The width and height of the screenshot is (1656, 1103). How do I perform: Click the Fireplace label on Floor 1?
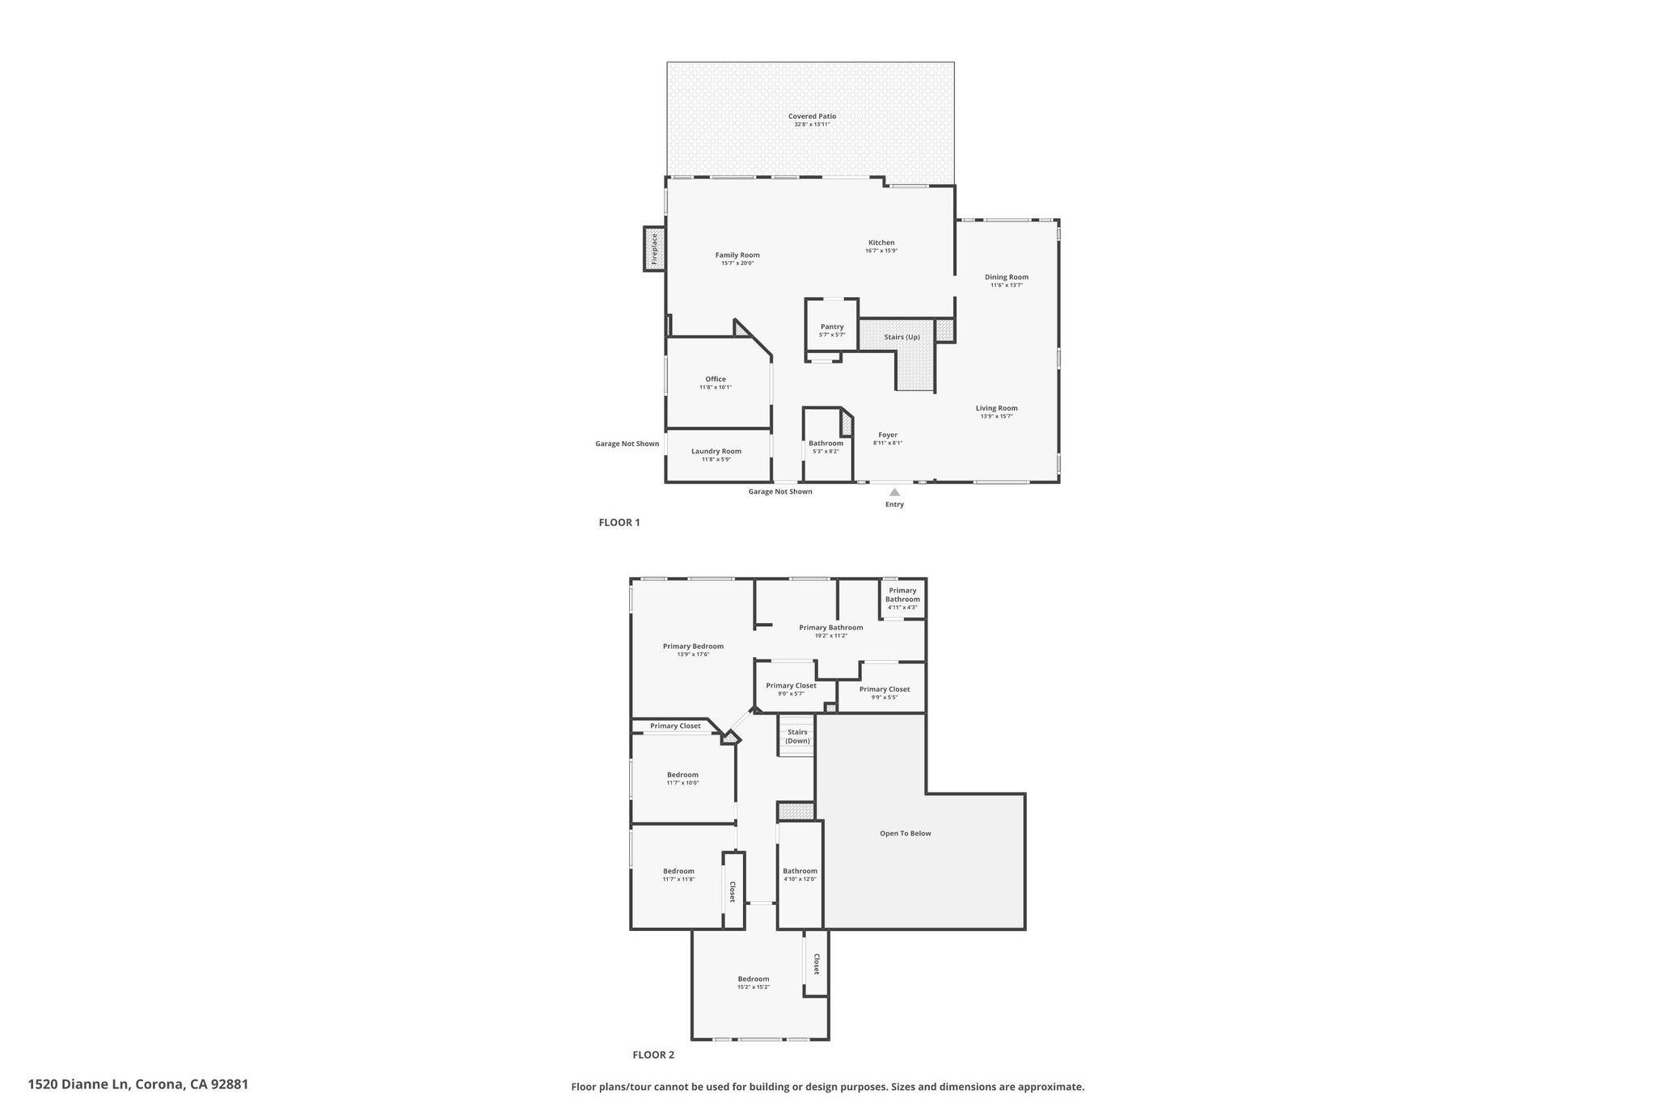click(655, 248)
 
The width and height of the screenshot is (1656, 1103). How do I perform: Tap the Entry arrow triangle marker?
click(894, 491)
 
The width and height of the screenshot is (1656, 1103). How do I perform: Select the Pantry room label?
click(832, 326)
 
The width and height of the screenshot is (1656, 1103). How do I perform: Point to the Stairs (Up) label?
click(902, 337)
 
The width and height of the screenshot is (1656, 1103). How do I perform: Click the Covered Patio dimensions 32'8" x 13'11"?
click(813, 124)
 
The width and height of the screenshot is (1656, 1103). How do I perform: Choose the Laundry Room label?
click(716, 452)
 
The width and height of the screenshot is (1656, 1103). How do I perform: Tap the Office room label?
click(716, 379)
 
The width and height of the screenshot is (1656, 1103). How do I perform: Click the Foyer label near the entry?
click(888, 435)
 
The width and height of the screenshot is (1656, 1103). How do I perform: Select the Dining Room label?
click(1007, 277)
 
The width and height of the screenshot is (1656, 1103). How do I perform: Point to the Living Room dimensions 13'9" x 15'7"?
click(997, 416)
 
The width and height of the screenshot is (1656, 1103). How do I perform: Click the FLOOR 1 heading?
click(619, 523)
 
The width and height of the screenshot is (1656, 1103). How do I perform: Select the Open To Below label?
click(906, 833)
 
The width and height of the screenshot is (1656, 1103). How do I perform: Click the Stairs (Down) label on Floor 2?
click(798, 736)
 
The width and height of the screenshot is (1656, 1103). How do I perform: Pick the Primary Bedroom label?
click(693, 646)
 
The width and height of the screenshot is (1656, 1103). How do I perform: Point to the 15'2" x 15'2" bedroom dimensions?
click(754, 987)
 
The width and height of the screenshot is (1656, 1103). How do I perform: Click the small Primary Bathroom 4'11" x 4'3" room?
click(902, 598)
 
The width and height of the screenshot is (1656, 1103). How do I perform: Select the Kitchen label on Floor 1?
click(881, 242)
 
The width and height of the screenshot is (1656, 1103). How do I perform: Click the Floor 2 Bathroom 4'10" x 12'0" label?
click(800, 871)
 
